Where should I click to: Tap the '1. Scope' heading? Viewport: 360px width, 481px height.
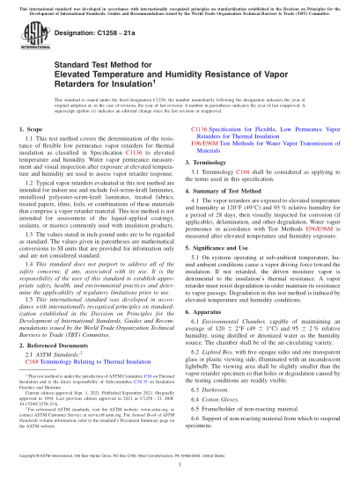35,130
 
